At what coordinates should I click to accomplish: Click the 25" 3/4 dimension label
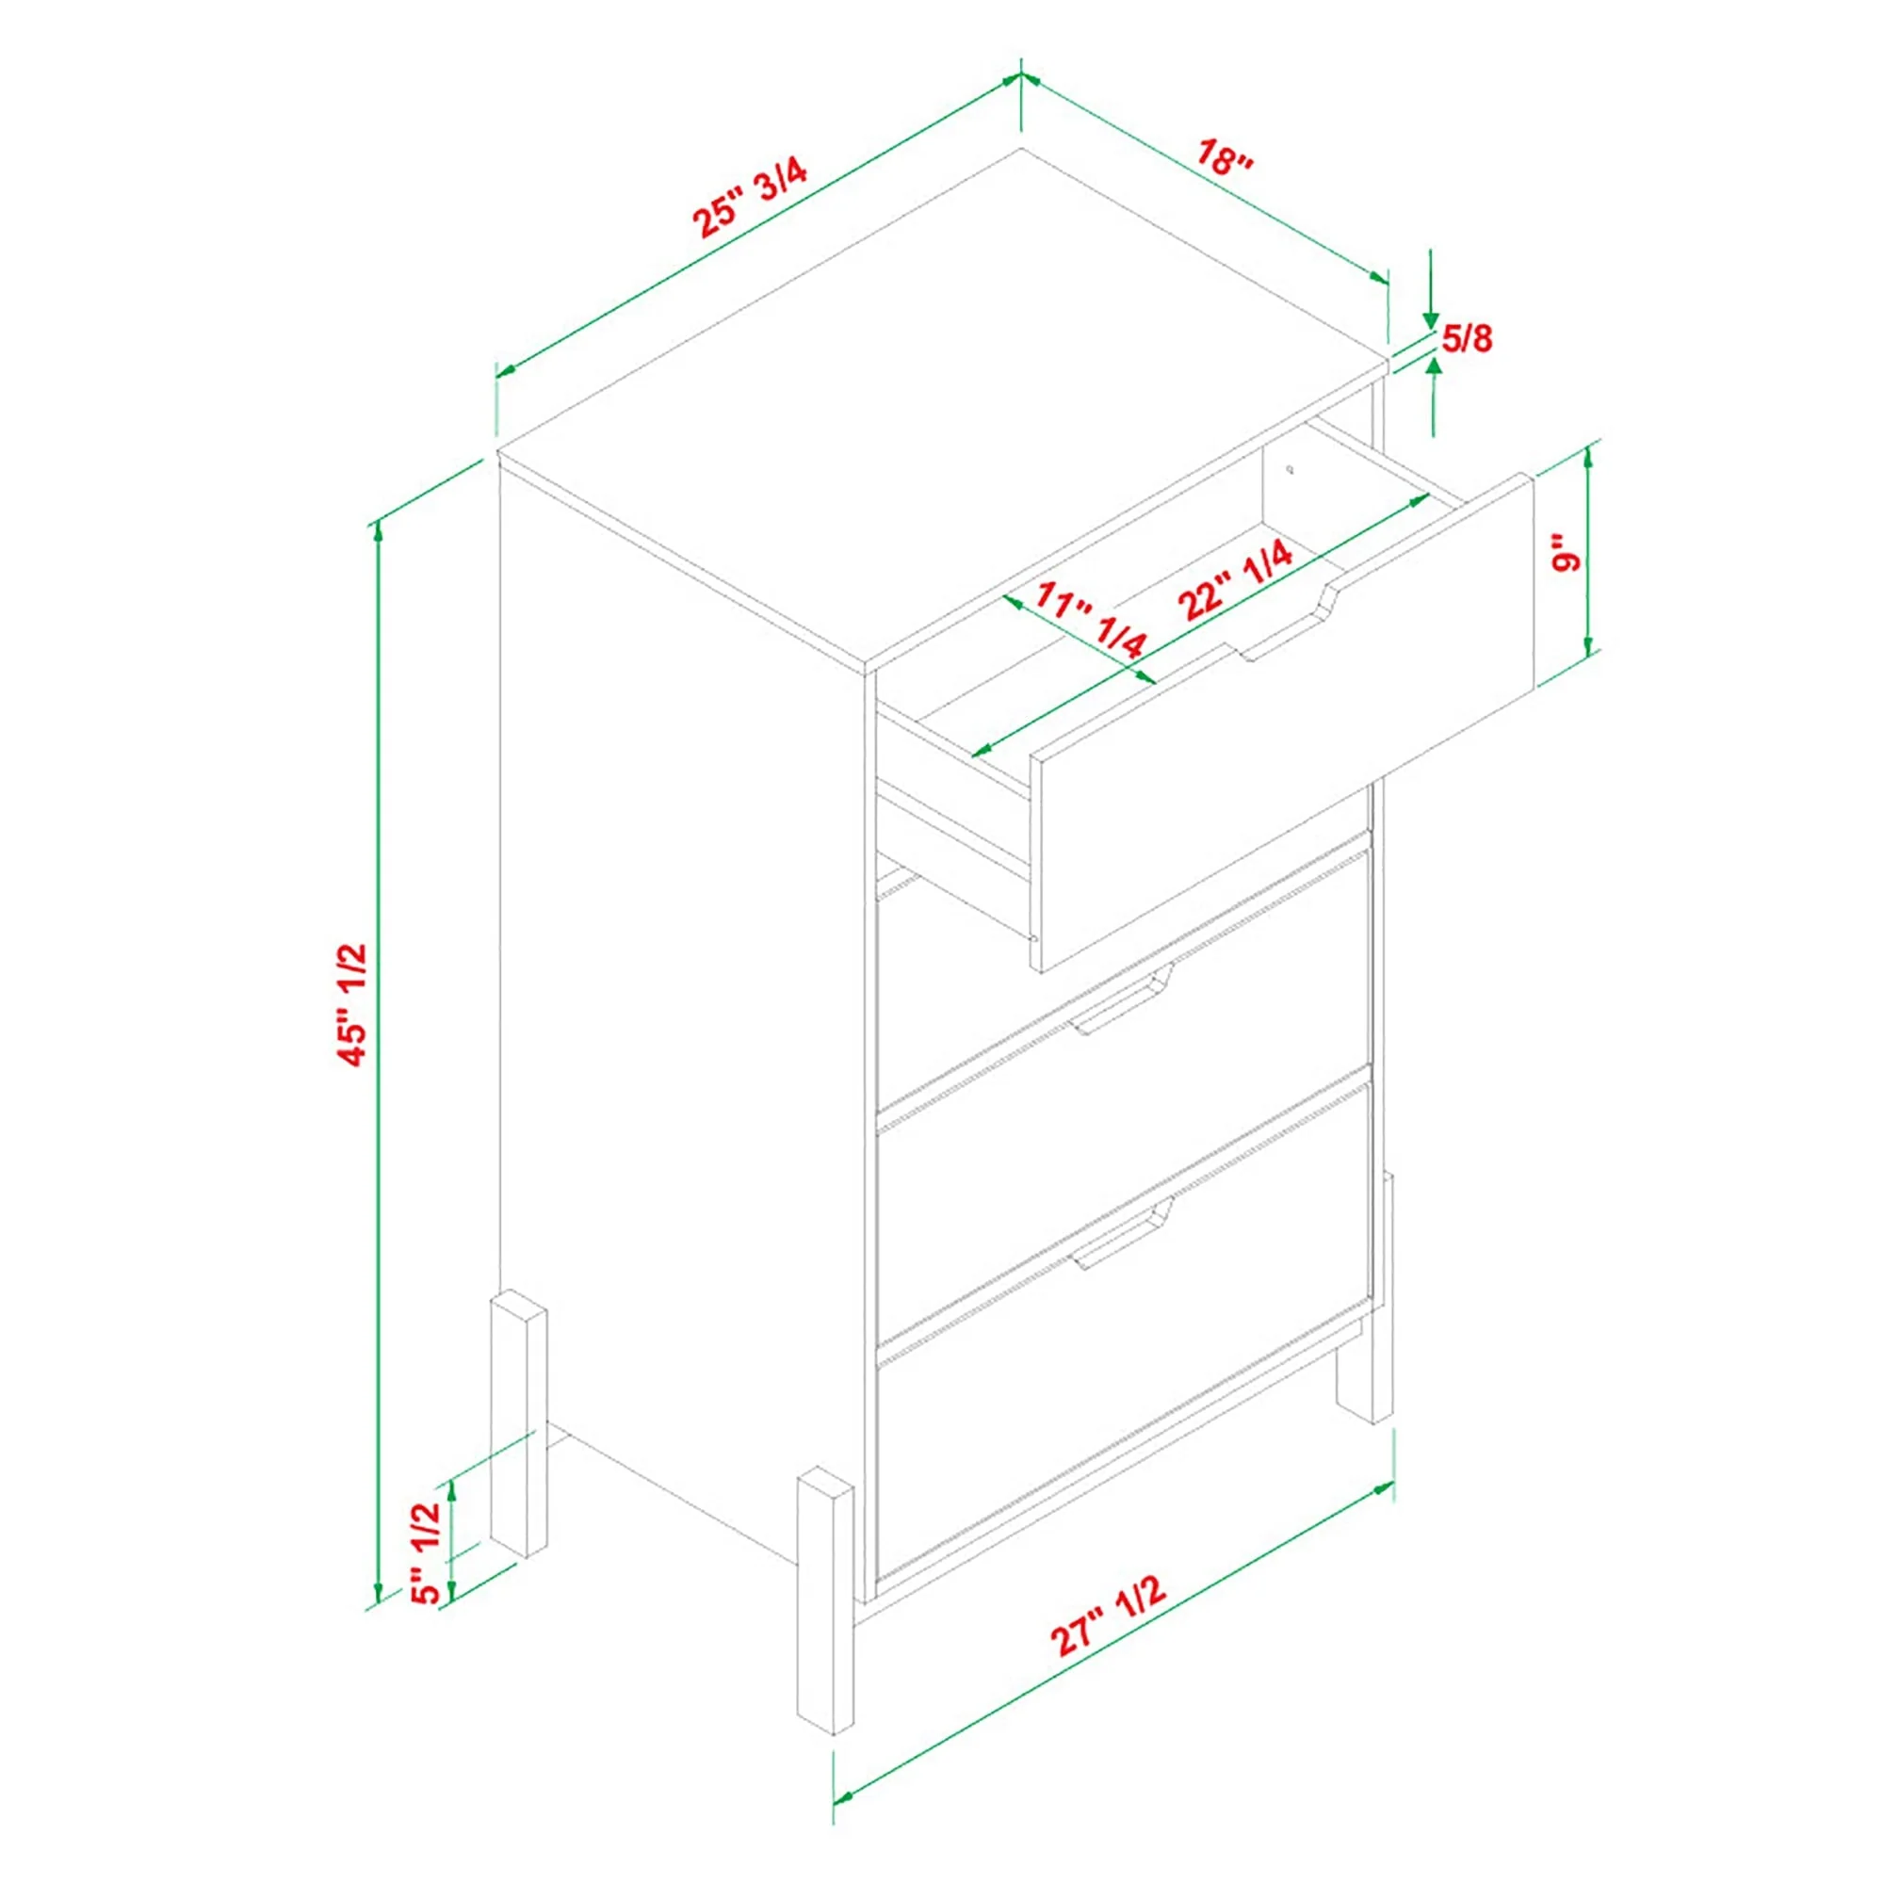click(x=751, y=199)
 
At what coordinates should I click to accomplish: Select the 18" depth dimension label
click(x=1225, y=157)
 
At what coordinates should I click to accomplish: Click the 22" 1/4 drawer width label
click(x=1236, y=581)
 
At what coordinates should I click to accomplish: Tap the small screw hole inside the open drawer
click(x=1291, y=469)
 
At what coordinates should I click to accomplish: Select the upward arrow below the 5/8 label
click(x=1433, y=395)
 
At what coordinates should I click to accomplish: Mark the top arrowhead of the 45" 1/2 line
click(x=379, y=531)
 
